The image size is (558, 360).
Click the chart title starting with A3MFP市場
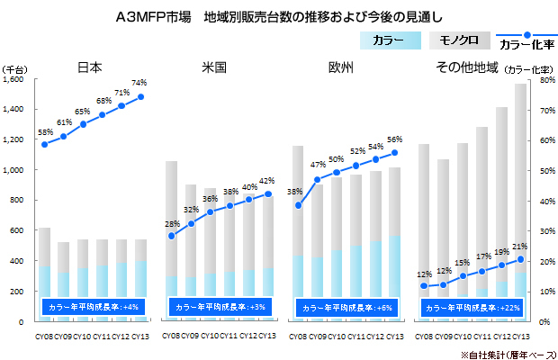coord(279,17)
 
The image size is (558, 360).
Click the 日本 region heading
coord(89,67)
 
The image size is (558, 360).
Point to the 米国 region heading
coord(213,67)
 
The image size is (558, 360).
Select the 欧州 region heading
coord(340,67)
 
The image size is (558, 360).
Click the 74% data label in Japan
coord(139,84)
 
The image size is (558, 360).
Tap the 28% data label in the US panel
coord(170,224)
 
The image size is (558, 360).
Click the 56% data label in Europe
coord(394,139)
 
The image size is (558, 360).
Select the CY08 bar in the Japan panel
coord(44,270)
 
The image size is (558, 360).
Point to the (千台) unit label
coord(15,68)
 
